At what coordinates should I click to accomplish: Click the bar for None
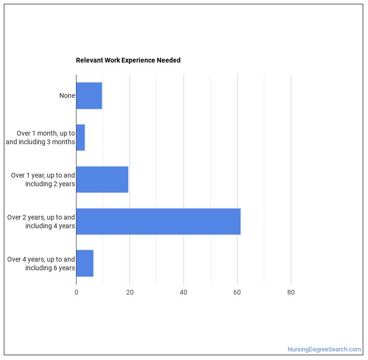click(x=89, y=95)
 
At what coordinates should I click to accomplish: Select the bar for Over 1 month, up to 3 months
click(x=80, y=138)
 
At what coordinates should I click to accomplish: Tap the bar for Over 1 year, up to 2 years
click(x=102, y=180)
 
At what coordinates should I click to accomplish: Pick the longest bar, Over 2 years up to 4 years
click(x=158, y=222)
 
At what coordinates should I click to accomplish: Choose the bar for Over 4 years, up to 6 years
click(x=85, y=264)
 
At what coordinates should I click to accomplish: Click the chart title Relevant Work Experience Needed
click(x=128, y=60)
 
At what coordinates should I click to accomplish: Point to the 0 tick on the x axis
click(x=76, y=293)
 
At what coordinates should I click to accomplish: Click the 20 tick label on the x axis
click(x=130, y=293)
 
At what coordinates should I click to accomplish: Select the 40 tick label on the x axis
click(x=184, y=293)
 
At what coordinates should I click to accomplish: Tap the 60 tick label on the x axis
click(x=237, y=293)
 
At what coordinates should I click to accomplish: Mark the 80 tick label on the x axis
click(x=291, y=293)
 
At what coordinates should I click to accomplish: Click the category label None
click(x=67, y=95)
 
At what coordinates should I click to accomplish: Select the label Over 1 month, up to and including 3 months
click(x=41, y=138)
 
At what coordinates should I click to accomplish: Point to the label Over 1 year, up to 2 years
click(x=43, y=180)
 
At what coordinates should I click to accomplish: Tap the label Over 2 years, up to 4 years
click(x=41, y=222)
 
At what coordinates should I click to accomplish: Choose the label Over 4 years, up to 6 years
click(x=41, y=264)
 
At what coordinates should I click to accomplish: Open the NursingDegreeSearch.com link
click(x=324, y=349)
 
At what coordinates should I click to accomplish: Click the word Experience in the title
click(x=138, y=60)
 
